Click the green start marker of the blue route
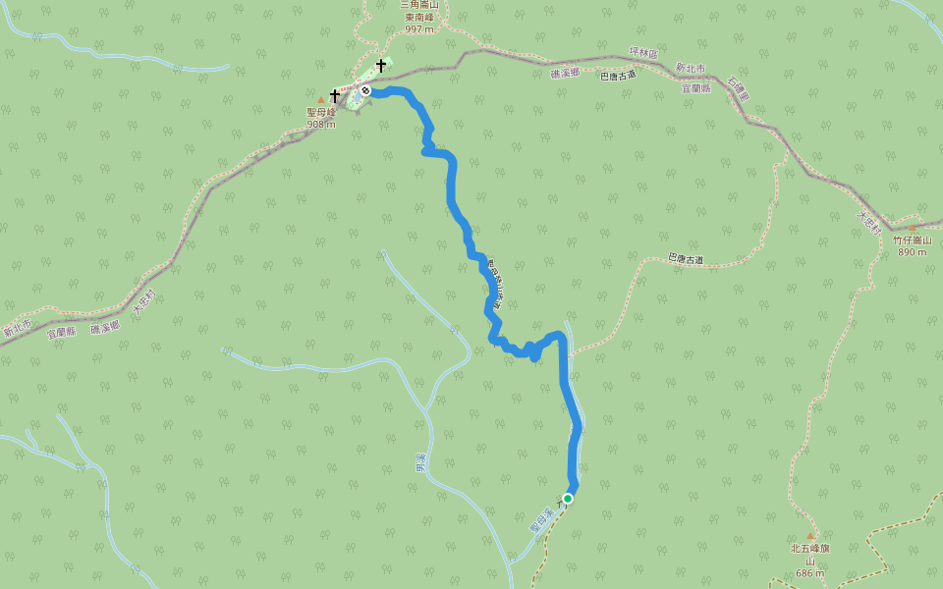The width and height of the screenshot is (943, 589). pyautogui.click(x=568, y=499)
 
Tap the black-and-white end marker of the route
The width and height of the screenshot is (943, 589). pyautogui.click(x=365, y=90)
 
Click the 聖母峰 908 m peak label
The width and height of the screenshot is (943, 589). pyautogui.click(x=321, y=118)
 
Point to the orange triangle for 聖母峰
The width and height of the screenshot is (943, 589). pyautogui.click(x=321, y=100)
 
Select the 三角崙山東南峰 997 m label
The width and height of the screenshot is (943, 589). pyautogui.click(x=418, y=17)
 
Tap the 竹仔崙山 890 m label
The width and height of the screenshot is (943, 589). pyautogui.click(x=912, y=245)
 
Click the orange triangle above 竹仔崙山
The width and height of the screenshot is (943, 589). pyautogui.click(x=912, y=228)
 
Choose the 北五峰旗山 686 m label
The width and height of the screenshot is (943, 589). pyautogui.click(x=810, y=561)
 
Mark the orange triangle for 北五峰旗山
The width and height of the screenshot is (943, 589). pyautogui.click(x=810, y=536)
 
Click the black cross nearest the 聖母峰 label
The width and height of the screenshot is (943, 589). pyautogui.click(x=335, y=96)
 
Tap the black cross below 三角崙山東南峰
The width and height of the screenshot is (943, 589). pyautogui.click(x=381, y=66)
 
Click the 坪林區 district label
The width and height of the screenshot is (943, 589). pyautogui.click(x=642, y=53)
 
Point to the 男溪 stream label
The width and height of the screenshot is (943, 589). pyautogui.click(x=420, y=462)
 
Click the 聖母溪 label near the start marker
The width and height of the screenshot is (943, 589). pyautogui.click(x=536, y=519)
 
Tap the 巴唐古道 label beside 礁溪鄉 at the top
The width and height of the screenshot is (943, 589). pyautogui.click(x=618, y=76)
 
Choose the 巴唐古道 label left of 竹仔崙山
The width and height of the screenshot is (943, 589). pyautogui.click(x=686, y=259)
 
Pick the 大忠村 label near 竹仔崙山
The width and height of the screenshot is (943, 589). pyautogui.click(x=865, y=221)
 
